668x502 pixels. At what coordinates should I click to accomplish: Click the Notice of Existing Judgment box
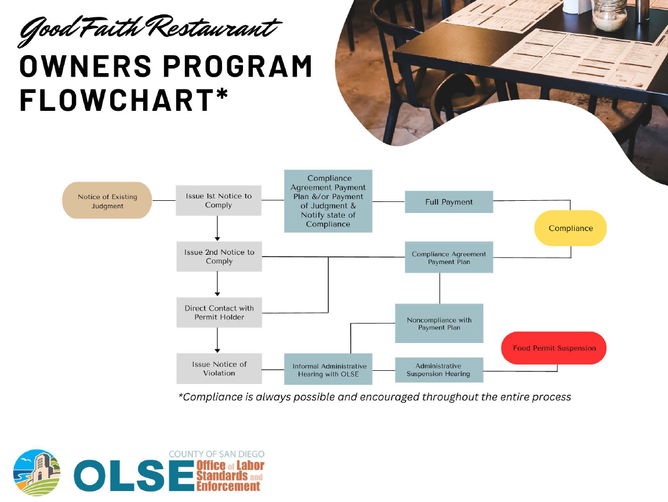tap(107, 200)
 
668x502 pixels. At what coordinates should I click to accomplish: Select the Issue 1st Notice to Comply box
tap(219, 200)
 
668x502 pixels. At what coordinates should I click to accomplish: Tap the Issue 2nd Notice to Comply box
tap(219, 257)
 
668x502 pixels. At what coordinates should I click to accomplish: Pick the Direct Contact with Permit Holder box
tap(219, 313)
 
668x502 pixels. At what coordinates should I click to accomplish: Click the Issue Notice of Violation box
tap(219, 369)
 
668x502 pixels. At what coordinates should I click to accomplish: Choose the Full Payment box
tap(449, 202)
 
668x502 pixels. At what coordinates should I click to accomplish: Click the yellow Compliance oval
tap(571, 228)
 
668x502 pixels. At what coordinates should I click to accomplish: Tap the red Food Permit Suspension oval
tap(554, 348)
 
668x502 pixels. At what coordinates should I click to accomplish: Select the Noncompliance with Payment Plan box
tap(439, 323)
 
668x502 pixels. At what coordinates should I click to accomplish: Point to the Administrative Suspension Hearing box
tap(439, 370)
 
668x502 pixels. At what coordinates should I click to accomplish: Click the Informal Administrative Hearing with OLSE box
tap(328, 369)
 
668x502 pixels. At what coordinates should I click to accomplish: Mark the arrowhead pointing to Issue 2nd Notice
tap(217, 239)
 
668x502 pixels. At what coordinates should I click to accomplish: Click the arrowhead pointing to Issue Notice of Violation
tap(217, 351)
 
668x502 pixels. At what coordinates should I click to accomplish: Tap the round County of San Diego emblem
tap(37, 472)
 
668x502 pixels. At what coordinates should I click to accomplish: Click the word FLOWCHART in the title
tap(117, 100)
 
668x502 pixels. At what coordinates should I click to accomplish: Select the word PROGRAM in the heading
tap(238, 67)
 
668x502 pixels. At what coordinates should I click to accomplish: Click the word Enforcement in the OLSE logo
tap(228, 486)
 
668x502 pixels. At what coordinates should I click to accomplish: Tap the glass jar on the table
tap(609, 14)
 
